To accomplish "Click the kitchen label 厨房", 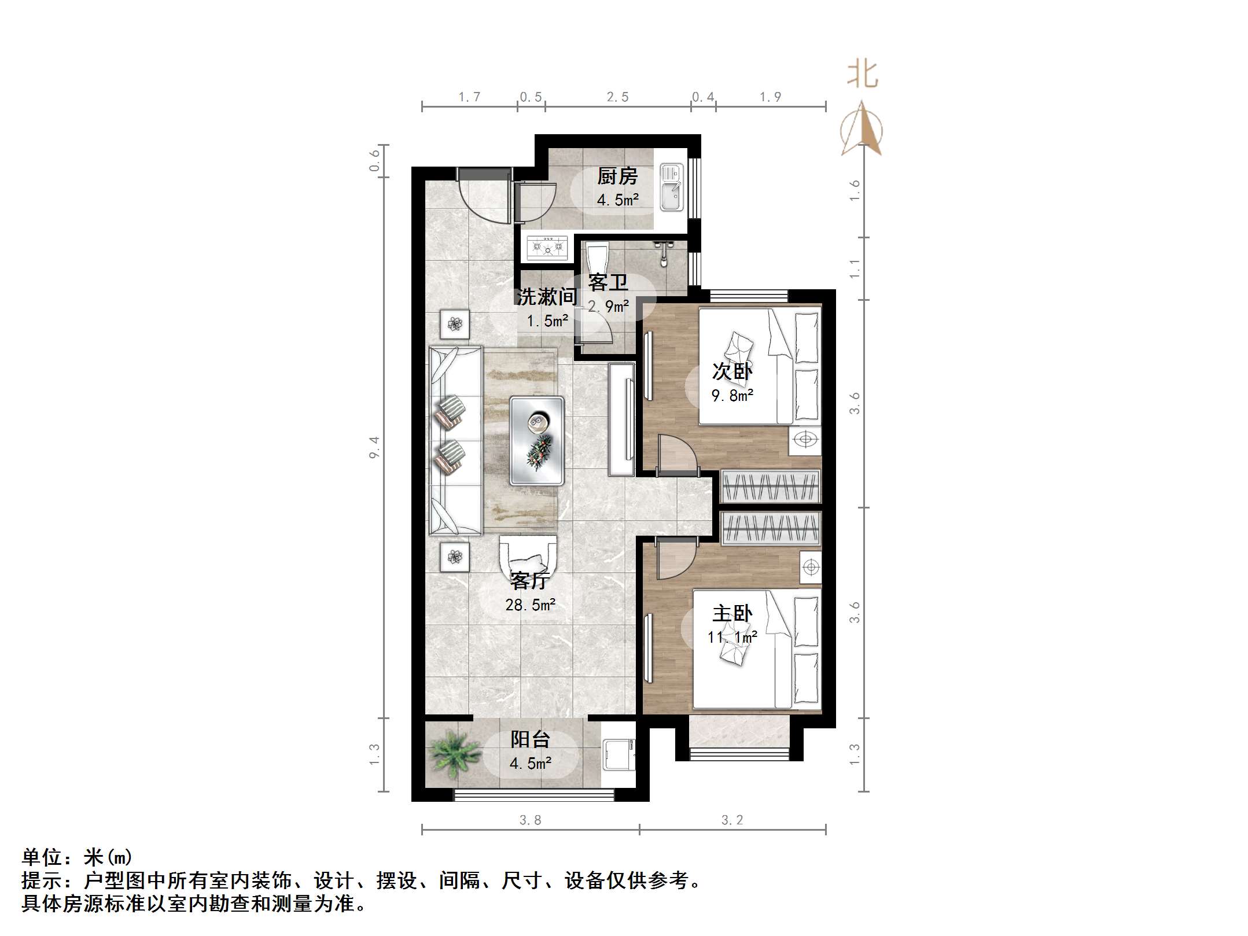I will coord(617,176).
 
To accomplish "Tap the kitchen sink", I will coord(672,187).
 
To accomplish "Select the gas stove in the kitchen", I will coord(547,248).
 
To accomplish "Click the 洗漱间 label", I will coord(547,297).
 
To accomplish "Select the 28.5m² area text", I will coord(530,605).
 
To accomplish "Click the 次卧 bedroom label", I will coord(732,371).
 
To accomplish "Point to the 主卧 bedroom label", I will coord(732,613).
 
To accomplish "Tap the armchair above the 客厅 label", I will coord(528,555).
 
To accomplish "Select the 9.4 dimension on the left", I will coord(374,447).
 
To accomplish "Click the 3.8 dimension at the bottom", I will coord(530,820).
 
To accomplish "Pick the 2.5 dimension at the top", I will coord(617,97).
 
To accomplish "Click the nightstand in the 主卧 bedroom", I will coord(811,567).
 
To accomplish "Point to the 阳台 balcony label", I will coord(530,739).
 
